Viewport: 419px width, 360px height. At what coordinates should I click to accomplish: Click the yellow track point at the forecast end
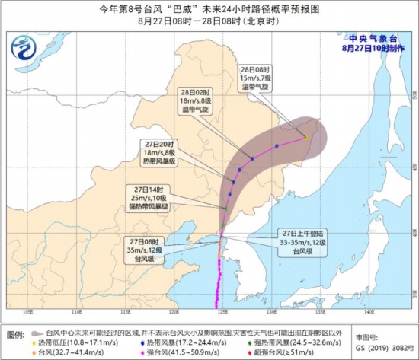[306, 137]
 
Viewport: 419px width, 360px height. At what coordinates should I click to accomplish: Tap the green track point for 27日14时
[226, 208]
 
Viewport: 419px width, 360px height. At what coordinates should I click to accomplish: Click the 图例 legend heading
[15, 334]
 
